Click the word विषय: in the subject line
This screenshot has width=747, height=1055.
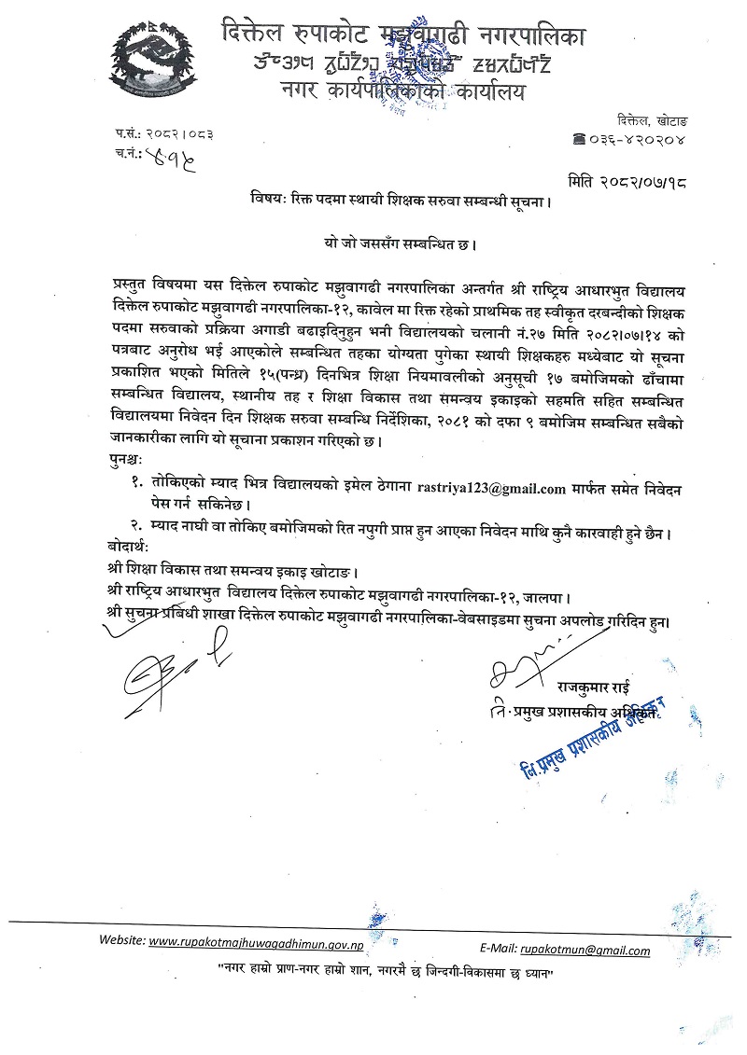coord(269,200)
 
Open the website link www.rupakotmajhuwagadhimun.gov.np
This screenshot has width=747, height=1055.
coord(258,942)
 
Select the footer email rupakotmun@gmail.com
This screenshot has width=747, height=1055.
coord(585,951)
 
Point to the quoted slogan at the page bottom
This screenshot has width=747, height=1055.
coord(380,973)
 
